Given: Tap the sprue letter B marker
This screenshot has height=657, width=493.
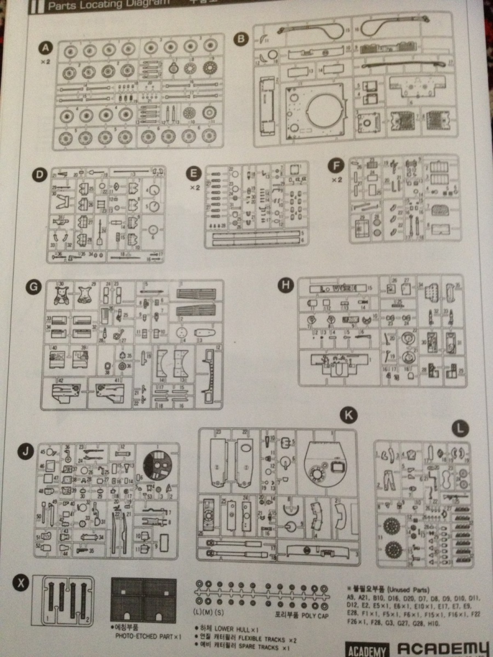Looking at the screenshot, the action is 240,39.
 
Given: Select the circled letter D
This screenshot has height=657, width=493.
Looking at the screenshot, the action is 38,175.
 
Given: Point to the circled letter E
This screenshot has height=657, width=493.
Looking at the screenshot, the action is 192,174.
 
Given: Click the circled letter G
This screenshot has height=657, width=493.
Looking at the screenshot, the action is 33,286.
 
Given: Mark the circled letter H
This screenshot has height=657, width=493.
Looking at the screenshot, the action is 285,285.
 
